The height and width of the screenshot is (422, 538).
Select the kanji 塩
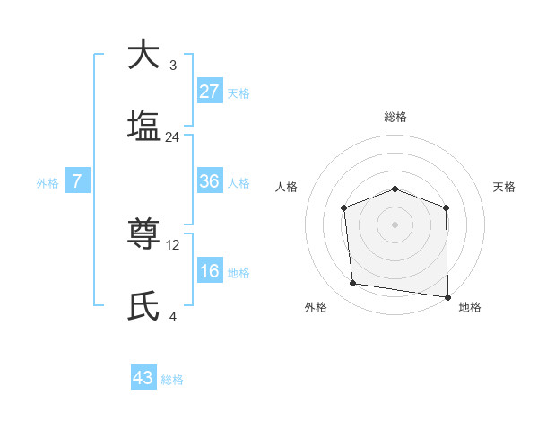point(143,126)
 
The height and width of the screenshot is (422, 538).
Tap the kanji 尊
point(143,235)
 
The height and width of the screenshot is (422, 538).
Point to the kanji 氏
point(143,307)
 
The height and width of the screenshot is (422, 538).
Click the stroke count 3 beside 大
point(173,66)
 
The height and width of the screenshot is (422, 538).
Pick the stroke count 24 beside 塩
point(173,137)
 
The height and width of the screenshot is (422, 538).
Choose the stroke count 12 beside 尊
point(174,245)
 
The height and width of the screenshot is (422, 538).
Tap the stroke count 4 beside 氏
point(173,317)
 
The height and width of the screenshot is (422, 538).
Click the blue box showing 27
point(210,92)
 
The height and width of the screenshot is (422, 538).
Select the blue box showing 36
point(210,181)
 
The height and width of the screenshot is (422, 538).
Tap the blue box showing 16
point(210,271)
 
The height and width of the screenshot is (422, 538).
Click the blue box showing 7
point(77,181)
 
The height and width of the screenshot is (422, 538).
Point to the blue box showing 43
point(143,378)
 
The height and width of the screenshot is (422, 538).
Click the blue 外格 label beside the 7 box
point(48,183)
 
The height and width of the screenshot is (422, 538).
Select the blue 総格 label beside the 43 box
point(172,380)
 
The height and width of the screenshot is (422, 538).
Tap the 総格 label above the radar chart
point(395,117)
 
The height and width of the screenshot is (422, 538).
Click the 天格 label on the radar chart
point(505,187)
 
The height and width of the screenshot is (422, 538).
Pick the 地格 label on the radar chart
point(470,307)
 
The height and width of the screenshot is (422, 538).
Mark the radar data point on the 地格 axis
point(447,296)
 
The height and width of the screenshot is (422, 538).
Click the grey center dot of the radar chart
point(395,224)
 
